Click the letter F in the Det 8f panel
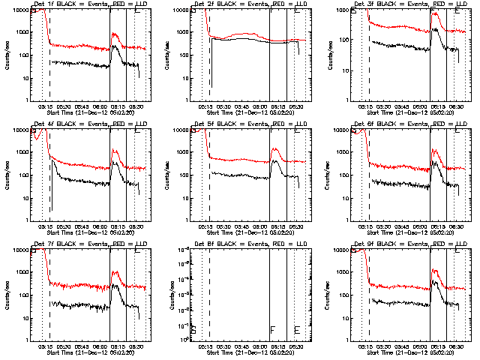coord(272,329)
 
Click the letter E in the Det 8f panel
coord(297,329)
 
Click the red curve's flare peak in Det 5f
coord(275,149)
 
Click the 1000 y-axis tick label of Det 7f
coord(22,273)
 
